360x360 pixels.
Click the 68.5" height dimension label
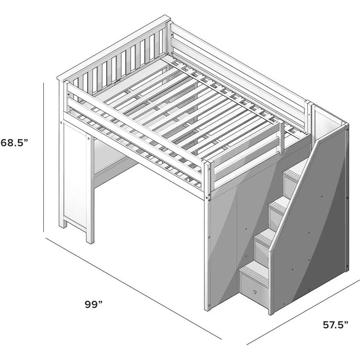[x=14, y=143]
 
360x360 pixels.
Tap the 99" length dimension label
[x=94, y=304]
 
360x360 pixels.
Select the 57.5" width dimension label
[x=336, y=324]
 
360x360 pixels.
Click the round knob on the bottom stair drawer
[x=254, y=292]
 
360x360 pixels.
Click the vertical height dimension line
[x=44, y=157]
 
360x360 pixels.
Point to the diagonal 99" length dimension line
[x=133, y=288]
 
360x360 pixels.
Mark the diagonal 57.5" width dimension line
[x=303, y=312]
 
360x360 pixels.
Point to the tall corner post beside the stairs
[x=208, y=236]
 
